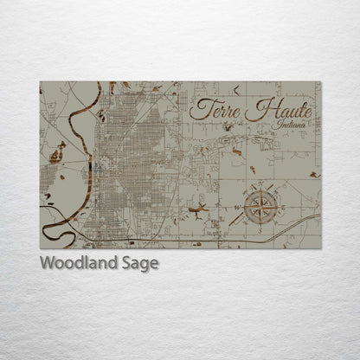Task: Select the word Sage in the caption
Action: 138,264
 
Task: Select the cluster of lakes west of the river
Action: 57,156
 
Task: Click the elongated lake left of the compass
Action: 199,209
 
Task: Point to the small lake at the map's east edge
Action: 314,176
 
